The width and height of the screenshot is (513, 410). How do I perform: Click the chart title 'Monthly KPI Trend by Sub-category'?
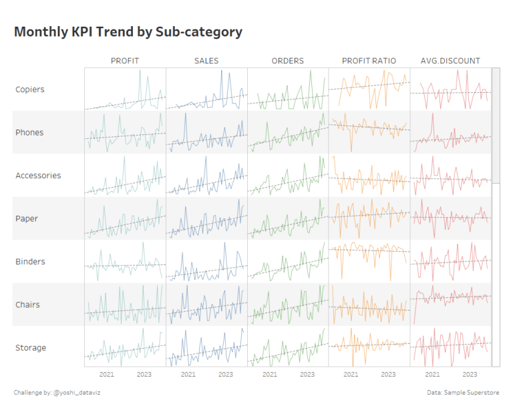pyautogui.click(x=128, y=32)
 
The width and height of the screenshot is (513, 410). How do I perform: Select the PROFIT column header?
pyautogui.click(x=125, y=61)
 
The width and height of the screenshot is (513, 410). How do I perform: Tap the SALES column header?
pyautogui.click(x=206, y=61)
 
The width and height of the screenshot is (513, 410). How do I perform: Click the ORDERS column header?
pyautogui.click(x=287, y=61)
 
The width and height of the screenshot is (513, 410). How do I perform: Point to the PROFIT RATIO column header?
pyautogui.click(x=369, y=61)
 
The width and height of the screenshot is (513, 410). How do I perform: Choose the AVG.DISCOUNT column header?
pyautogui.click(x=450, y=61)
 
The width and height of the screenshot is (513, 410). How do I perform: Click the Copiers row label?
pyautogui.click(x=30, y=89)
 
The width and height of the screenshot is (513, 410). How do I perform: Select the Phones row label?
pyautogui.click(x=29, y=132)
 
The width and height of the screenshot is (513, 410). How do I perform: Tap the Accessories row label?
pyautogui.click(x=38, y=176)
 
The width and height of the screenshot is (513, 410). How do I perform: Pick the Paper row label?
pyautogui.click(x=27, y=218)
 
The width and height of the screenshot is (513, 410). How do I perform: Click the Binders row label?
pyautogui.click(x=29, y=262)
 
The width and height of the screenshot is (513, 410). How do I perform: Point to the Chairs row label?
pyautogui.click(x=28, y=304)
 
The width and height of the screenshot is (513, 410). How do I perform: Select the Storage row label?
pyautogui.click(x=31, y=348)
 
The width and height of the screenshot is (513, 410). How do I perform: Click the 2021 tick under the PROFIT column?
pyautogui.click(x=107, y=375)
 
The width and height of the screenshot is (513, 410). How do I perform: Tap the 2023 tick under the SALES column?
pyautogui.click(x=226, y=375)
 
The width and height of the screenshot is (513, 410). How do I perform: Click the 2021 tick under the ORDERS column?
pyautogui.click(x=270, y=375)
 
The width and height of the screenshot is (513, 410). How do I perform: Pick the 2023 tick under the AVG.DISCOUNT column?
pyautogui.click(x=470, y=375)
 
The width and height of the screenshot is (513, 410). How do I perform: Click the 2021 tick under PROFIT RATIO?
pyautogui.click(x=351, y=375)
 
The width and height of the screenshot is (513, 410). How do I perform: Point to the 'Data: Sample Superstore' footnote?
pyautogui.click(x=463, y=392)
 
